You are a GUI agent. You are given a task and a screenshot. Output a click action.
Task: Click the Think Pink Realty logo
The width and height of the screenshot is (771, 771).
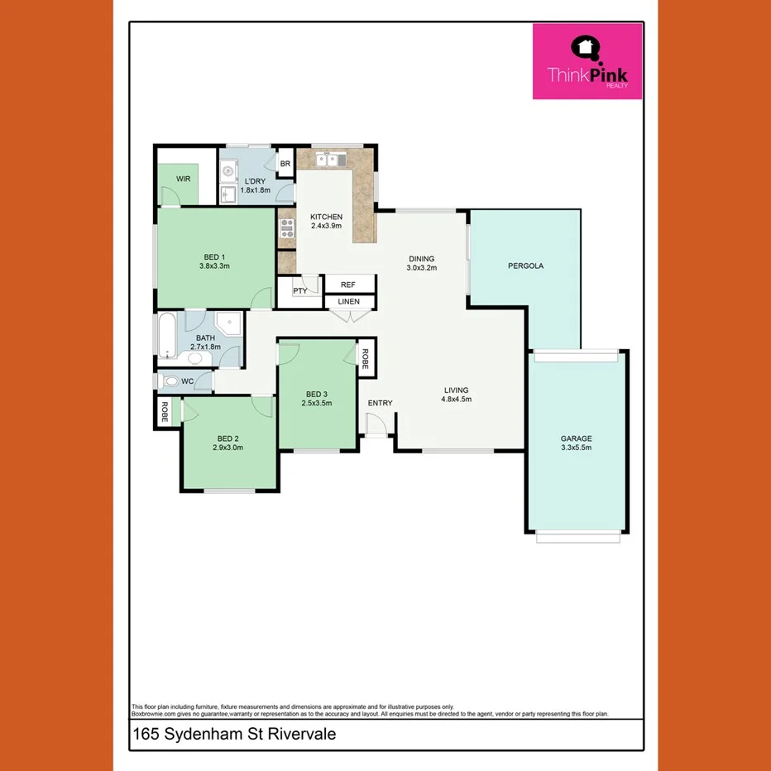(x=587, y=61)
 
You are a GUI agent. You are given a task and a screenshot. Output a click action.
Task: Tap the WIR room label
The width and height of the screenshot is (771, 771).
(x=183, y=179)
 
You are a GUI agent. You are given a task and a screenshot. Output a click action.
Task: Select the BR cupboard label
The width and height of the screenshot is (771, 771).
(x=285, y=164)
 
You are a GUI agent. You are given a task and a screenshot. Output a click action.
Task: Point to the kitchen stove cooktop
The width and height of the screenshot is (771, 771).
(x=286, y=228)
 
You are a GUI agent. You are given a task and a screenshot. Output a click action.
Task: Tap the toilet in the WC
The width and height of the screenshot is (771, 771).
(x=170, y=381)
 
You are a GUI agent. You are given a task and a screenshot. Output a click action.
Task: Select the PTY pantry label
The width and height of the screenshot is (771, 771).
(x=300, y=290)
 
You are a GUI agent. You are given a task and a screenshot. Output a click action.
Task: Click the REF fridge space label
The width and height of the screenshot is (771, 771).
(x=347, y=284)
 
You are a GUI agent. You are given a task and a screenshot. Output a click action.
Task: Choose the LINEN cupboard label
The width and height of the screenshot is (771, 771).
(x=348, y=301)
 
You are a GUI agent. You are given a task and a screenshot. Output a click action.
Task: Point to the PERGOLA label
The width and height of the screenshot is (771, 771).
(x=524, y=266)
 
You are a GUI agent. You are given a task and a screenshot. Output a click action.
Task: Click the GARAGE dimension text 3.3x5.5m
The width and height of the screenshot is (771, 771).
(x=577, y=448)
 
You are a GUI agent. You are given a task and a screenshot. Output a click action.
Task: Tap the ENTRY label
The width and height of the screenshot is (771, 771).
(x=381, y=404)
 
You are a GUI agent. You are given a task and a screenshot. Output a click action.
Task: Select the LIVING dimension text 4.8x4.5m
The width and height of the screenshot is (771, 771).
(x=456, y=400)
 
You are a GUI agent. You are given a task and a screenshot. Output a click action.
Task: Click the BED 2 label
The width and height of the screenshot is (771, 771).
(x=227, y=438)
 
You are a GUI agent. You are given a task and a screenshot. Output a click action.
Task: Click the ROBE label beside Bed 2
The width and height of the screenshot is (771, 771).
(x=165, y=412)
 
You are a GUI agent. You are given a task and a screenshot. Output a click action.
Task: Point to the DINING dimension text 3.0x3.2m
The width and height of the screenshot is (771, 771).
(x=420, y=268)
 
